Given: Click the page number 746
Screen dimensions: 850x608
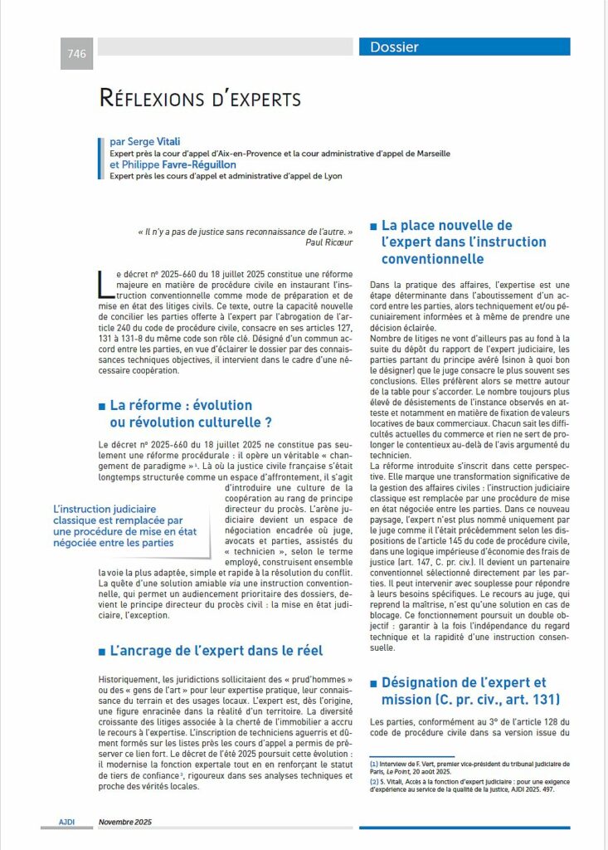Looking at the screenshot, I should click(77, 54).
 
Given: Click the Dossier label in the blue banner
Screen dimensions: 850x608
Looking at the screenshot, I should click(394, 47).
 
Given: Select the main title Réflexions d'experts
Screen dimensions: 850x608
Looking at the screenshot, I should click(200, 100).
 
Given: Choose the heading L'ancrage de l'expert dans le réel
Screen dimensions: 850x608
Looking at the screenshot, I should click(216, 650).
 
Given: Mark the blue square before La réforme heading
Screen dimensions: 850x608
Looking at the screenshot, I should click(102, 406).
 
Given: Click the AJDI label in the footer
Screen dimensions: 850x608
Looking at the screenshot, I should click(67, 822).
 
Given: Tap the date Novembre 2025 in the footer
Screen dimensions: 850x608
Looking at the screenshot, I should click(125, 822).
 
